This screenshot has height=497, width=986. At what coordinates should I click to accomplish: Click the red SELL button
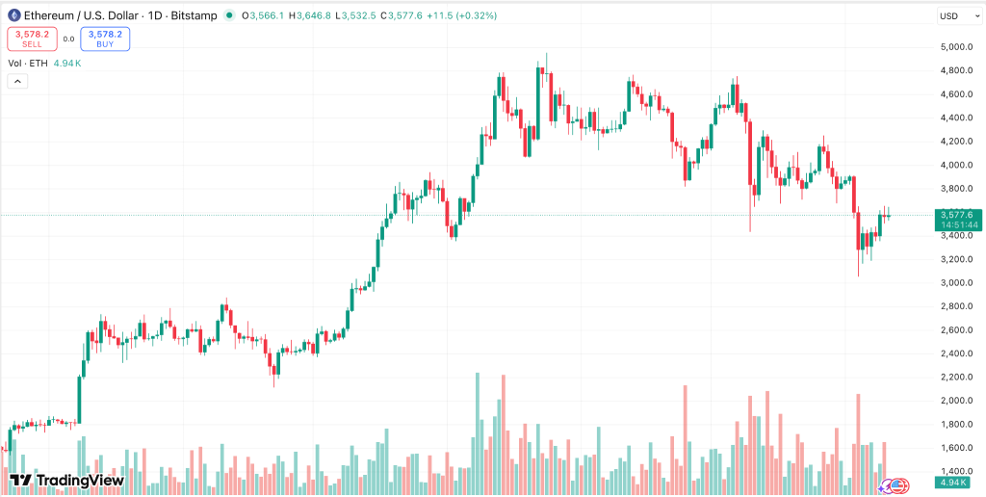pyautogui.click(x=32, y=39)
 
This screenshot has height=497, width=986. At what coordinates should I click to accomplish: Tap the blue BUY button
pyautogui.click(x=105, y=39)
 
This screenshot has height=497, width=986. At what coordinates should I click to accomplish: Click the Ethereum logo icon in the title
pyautogui.click(x=13, y=15)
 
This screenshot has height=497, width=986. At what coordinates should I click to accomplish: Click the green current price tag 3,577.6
pyautogui.click(x=959, y=215)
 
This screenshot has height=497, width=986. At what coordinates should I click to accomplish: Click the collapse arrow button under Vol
pyautogui.click(x=16, y=82)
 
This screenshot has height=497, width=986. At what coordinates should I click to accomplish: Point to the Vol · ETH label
pyautogui.click(x=27, y=63)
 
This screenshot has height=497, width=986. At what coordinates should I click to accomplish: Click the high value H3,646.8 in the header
pyautogui.click(x=310, y=15)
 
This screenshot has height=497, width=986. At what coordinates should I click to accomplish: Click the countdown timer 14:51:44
pyautogui.click(x=959, y=225)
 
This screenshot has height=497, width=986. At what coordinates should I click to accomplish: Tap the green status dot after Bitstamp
pyautogui.click(x=228, y=15)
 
